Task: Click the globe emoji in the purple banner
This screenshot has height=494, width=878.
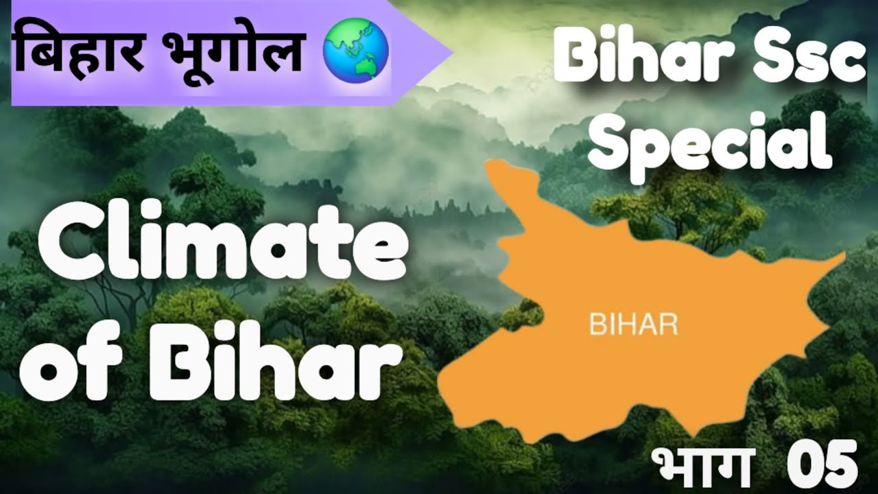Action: (355, 51)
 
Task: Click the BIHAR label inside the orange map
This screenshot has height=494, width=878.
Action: (633, 324)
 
